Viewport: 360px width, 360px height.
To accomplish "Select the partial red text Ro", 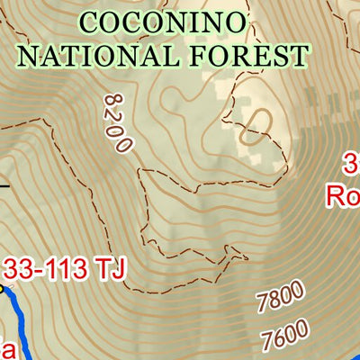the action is (343, 195).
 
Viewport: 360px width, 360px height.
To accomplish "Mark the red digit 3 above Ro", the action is (352, 165).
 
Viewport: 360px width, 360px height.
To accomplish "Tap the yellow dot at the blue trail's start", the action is (2, 289).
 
